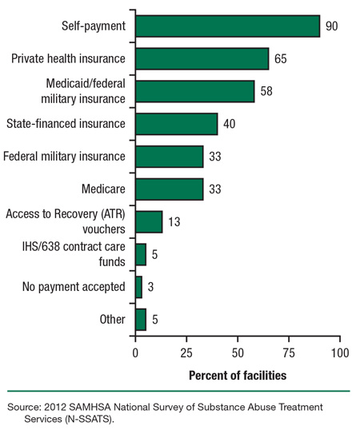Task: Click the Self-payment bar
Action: pyautogui.click(x=227, y=26)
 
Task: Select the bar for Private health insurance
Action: pyautogui.click(x=202, y=59)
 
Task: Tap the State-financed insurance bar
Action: pyautogui.click(x=176, y=124)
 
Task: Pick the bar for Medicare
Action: pyautogui.click(x=169, y=189)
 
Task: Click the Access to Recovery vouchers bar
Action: pyautogui.click(x=149, y=221)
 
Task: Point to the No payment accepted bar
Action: pyautogui.click(x=138, y=287)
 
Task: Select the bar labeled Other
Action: pyautogui.click(x=141, y=320)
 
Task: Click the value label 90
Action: pyautogui.click(x=332, y=26)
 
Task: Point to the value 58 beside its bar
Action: pyautogui.click(x=266, y=92)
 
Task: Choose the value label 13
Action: pyautogui.click(x=174, y=222)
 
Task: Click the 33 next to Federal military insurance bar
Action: pyautogui.click(x=215, y=157)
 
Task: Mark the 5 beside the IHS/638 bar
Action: pyautogui.click(x=155, y=255)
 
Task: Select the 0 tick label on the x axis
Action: pyautogui.click(x=135, y=352)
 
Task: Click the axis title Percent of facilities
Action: pyautogui.click(x=238, y=373)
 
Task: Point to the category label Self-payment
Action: pyautogui.click(x=94, y=26)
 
